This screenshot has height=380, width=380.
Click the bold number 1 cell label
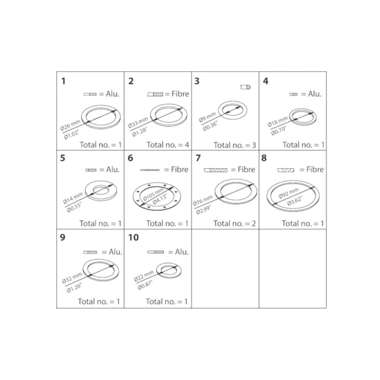pyautogui.click(x=63, y=81)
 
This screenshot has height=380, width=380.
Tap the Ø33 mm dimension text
pyautogui.click(x=138, y=123)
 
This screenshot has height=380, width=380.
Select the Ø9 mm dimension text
pyautogui.click(x=207, y=117)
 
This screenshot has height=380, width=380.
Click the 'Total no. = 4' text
pyautogui.click(x=168, y=145)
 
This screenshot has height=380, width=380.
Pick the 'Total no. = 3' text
pyautogui.click(x=235, y=145)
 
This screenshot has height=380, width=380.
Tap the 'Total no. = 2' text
pyautogui.click(x=235, y=223)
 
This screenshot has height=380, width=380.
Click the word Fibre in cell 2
pyautogui.click(x=180, y=94)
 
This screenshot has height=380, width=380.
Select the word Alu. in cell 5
pyautogui.click(x=113, y=169)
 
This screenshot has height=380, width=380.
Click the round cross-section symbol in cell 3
pyautogui.click(x=246, y=87)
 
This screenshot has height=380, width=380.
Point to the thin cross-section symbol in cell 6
pyautogui.click(x=150, y=170)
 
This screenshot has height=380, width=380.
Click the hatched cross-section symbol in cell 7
pyautogui.click(x=216, y=170)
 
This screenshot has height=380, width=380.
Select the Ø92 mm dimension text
pyautogui.click(x=289, y=193)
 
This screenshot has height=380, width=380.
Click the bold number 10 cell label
pyautogui.click(x=133, y=237)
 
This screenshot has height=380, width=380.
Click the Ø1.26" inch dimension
pyautogui.click(x=74, y=288)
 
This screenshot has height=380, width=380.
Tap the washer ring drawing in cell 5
pyautogui.click(x=101, y=190)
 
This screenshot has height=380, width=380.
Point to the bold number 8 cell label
pyautogui.click(x=264, y=158)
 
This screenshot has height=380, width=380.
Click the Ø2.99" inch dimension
pyautogui.click(x=203, y=210)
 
